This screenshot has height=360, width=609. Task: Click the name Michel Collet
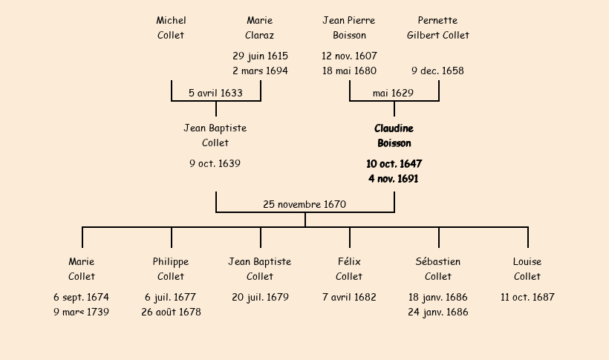pos(171,27)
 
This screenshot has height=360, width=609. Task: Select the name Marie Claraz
pos(260,27)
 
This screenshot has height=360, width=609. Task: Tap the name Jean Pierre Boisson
pos(349,27)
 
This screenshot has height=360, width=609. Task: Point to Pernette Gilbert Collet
pos(438,27)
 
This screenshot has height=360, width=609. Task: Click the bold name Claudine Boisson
pos(394,136)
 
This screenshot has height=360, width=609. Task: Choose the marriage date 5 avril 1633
pos(215,94)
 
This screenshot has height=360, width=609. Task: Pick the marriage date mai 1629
pos(394,94)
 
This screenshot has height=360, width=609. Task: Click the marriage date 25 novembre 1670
pos(304,204)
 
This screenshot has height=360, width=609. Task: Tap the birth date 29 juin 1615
pos(260,56)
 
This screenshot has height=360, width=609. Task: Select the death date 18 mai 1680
pos(349,71)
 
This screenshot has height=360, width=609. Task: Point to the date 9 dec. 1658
pos(438,71)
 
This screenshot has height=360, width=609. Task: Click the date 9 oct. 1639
pos(215,163)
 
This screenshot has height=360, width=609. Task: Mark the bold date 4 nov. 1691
pos(394,179)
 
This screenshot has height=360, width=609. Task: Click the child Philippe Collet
pos(171,269)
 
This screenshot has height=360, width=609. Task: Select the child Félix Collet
pos(349,269)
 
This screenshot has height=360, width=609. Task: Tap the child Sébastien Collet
pos(438,269)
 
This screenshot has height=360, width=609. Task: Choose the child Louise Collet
pos(527,269)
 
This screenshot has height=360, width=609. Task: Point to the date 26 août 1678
pos(171,312)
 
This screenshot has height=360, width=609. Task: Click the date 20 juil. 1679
pos(260,297)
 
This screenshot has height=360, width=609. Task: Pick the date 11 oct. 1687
pos(527,297)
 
